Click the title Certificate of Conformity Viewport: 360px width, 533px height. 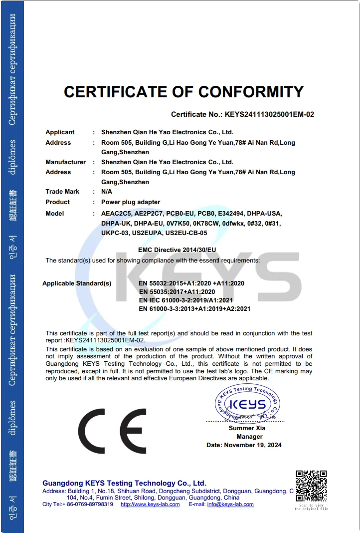pos(183,92)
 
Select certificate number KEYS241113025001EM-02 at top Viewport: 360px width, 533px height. pos(269,114)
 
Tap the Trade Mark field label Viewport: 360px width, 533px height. pos(62,192)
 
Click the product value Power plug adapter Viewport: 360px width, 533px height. pos(131,202)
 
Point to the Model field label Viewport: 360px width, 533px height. pos(55,214)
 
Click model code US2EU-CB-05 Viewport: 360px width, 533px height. pos(186,233)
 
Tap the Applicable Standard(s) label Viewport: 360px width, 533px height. pos(77,283)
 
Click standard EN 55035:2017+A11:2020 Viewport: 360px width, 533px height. pos(177,292)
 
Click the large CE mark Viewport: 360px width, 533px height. pos(112,430)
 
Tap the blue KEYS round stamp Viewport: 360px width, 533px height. pos(247,404)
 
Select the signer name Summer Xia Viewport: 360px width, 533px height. pos(247,428)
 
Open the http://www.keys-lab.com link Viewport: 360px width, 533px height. pos(150,505)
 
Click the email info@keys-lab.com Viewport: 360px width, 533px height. pos(230,505)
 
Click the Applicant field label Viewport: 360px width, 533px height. pos(60,132)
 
